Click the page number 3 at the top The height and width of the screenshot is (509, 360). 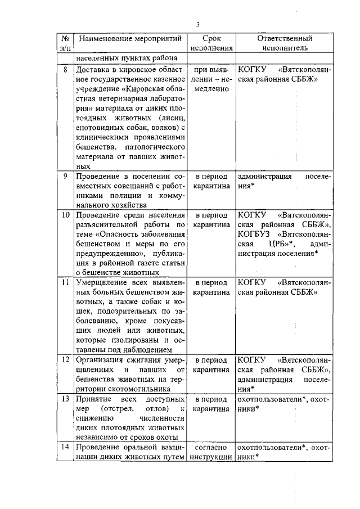click(x=198, y=24)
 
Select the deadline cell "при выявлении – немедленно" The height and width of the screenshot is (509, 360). click(x=211, y=80)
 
